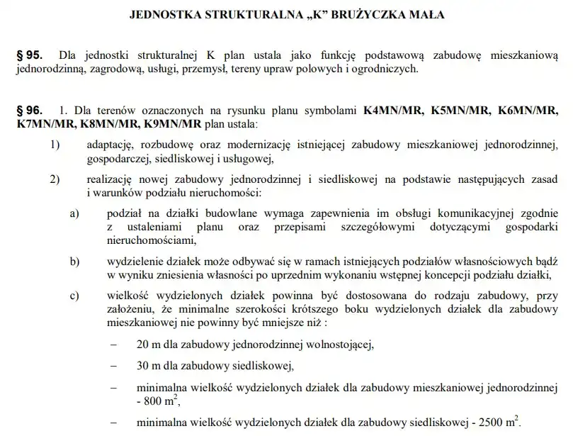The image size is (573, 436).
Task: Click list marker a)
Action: click(74, 213)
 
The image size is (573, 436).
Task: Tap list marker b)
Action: click(74, 261)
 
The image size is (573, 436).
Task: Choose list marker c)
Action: click(74, 296)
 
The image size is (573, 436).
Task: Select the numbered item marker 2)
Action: click(55, 178)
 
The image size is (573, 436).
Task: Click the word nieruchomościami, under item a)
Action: click(152, 240)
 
